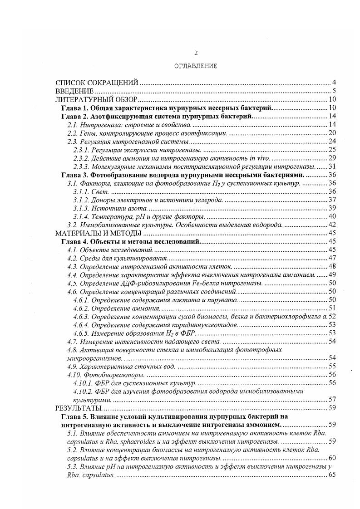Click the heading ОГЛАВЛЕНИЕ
point(196,66)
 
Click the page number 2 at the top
point(196,53)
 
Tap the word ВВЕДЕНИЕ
point(74,91)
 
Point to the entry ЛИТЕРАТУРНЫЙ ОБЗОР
point(96,100)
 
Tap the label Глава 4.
point(75,241)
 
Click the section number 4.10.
point(74,375)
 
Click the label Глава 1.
point(75,108)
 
